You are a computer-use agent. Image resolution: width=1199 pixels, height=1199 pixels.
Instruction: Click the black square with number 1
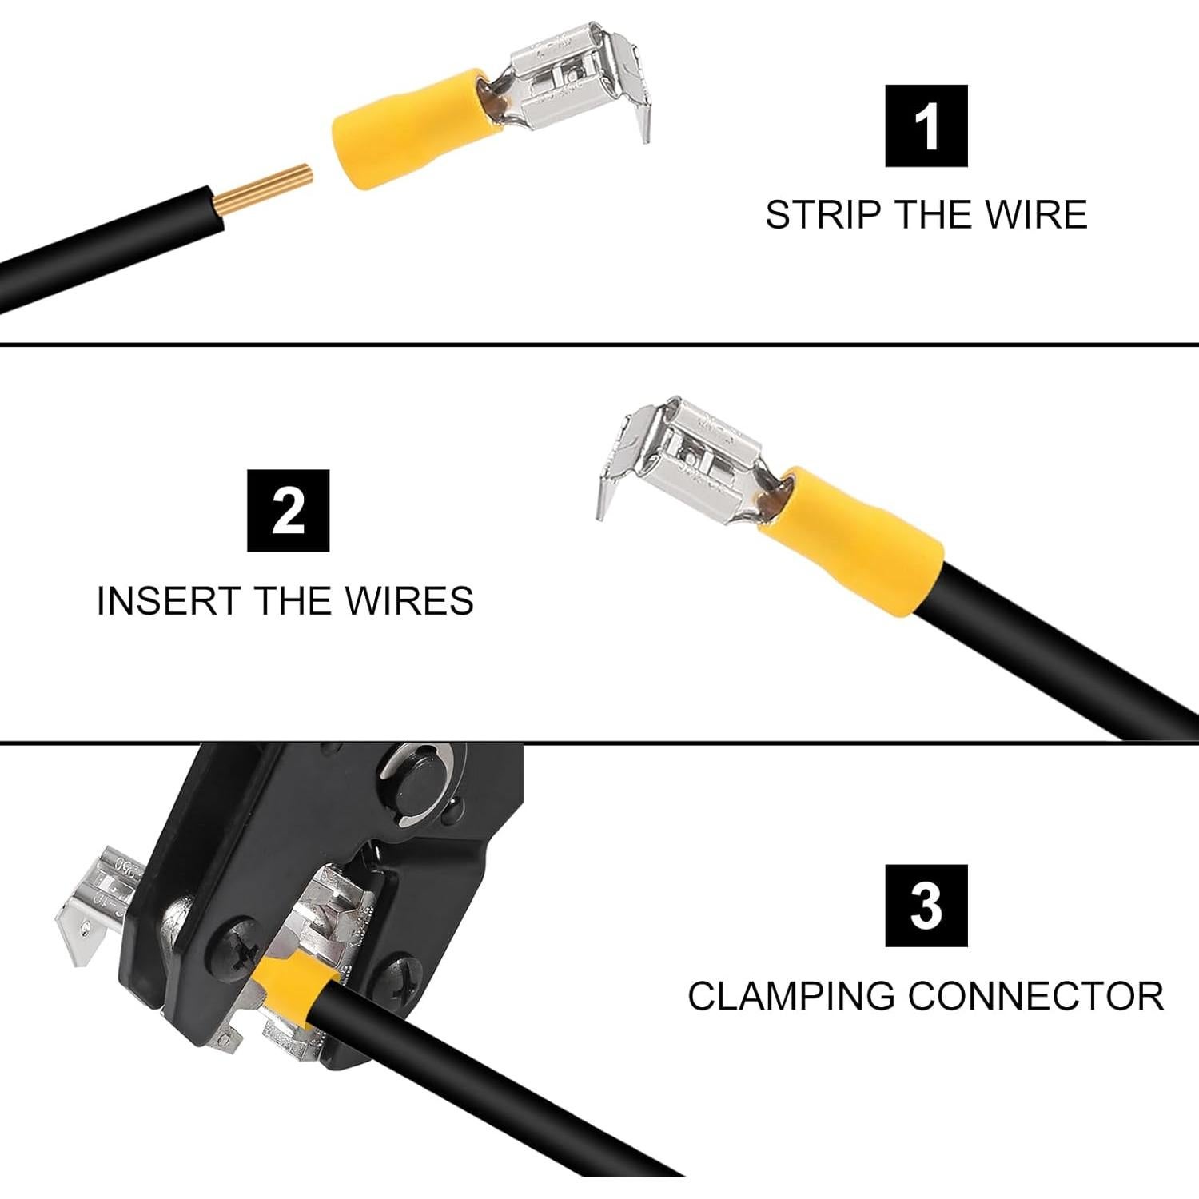[926, 125]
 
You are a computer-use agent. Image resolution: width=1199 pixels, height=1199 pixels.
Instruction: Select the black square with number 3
[926, 906]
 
